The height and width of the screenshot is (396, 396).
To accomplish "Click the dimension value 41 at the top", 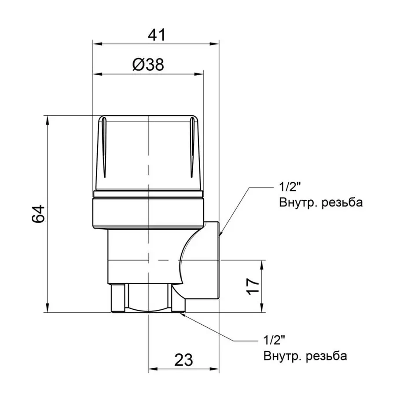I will click(x=156, y=35).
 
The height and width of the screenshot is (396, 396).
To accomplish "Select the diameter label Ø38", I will click(x=148, y=65).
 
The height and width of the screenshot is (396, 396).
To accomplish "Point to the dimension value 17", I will click(x=252, y=286).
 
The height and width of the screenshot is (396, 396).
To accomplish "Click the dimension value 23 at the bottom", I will click(x=184, y=361).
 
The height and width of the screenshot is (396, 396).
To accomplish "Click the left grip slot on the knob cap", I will click(x=103, y=147).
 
